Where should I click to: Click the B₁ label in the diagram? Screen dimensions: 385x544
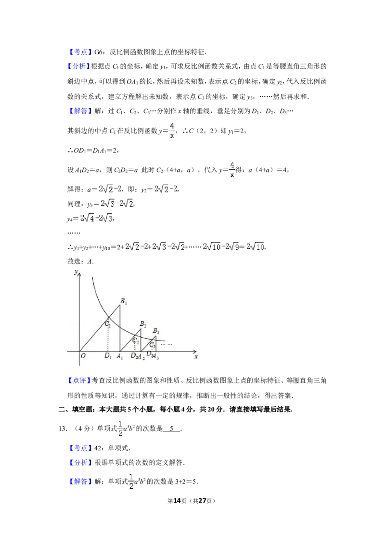(x=123, y=301)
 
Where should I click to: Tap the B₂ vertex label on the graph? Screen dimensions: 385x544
(x=143, y=324)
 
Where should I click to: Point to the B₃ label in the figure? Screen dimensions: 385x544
(x=156, y=331)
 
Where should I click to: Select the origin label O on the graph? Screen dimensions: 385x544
(x=83, y=356)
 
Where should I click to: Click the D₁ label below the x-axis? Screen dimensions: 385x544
(x=108, y=356)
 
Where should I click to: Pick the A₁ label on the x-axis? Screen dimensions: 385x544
(x=119, y=356)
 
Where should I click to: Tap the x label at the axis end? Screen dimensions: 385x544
(x=196, y=356)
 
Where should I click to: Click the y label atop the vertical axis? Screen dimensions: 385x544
(x=76, y=272)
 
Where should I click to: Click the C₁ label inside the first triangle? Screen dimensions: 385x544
(x=108, y=324)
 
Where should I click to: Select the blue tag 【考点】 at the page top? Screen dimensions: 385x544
(x=80, y=52)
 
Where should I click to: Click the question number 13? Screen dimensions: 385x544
(x=63, y=429)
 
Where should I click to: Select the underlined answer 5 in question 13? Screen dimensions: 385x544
(x=172, y=429)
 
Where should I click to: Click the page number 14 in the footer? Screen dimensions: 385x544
(x=177, y=501)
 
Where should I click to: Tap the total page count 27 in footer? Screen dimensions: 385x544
(x=202, y=501)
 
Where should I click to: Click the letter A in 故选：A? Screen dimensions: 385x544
(x=90, y=261)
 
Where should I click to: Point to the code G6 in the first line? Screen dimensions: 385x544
(x=99, y=52)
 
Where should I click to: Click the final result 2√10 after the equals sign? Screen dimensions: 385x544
(x=256, y=247)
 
